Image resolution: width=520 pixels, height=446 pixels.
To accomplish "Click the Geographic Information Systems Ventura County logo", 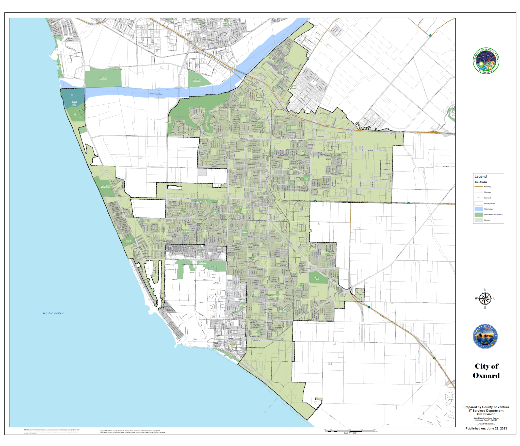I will (486, 61).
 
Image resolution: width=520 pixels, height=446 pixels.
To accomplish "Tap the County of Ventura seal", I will (485, 336).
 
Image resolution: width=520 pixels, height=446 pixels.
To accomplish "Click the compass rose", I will (485, 299).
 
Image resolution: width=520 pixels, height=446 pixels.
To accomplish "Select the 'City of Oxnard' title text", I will (486, 371).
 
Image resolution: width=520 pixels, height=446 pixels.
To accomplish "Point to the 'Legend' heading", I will (480, 177).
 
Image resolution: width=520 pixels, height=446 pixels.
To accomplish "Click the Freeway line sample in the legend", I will (479, 187).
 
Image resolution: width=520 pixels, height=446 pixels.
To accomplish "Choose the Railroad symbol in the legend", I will (479, 198).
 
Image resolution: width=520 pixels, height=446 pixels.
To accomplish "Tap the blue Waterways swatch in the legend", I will (479, 209).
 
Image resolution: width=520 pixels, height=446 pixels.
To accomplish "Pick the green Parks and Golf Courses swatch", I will (479, 215).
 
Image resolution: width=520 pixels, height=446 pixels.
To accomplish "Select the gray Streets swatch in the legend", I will (479, 220).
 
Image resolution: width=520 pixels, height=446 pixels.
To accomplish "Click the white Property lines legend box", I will (479, 203).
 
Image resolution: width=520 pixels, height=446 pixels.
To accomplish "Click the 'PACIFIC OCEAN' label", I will (53, 313).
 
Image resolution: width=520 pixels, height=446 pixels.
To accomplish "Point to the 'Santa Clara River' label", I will (156, 94).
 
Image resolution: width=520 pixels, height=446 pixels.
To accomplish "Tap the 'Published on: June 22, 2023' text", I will (486, 428).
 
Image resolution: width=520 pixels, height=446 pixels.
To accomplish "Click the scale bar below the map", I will (350, 431).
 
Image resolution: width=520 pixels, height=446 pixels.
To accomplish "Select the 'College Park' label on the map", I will (317, 278).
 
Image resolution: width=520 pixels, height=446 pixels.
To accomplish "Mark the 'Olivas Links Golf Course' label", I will (103, 78).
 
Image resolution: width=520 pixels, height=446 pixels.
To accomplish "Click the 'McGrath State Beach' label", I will (74, 103).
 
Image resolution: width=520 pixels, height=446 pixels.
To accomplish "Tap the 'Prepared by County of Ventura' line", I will (486, 407).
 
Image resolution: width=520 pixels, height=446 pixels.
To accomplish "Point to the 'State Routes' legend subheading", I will (481, 182).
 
